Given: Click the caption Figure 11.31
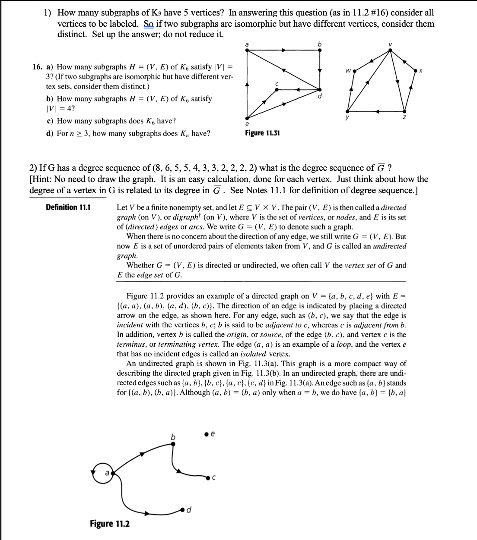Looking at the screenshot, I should [x=262, y=133].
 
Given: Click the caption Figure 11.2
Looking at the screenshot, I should [x=109, y=524].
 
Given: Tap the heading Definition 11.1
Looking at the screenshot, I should [x=68, y=207].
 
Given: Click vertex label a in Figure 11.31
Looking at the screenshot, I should [x=247, y=44].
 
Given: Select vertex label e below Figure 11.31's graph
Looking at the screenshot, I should [x=247, y=125].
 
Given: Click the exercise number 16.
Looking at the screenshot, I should [x=38, y=67].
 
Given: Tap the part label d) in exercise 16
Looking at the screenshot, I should [x=50, y=133].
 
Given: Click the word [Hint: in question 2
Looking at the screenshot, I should [x=41, y=179].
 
